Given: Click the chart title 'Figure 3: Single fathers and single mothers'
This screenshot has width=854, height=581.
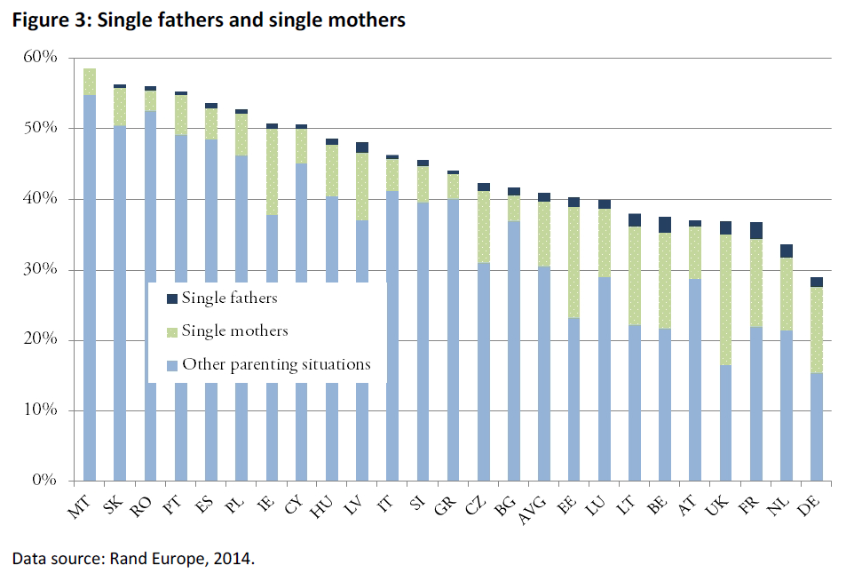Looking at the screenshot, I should [x=208, y=20].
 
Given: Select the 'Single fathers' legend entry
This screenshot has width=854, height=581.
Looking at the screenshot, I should [x=229, y=298].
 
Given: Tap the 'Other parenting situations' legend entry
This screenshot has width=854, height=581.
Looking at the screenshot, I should [x=276, y=363].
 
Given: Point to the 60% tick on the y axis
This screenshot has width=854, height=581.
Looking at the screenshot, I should [x=41, y=58].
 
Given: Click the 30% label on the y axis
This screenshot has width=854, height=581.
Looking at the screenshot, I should [x=41, y=269].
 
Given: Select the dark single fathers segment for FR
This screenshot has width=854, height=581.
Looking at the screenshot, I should [x=755, y=230].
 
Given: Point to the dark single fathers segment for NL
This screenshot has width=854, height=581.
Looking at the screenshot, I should [x=786, y=251].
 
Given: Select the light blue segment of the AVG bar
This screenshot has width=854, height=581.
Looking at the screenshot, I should [x=544, y=373].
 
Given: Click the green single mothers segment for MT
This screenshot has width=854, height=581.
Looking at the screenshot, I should [x=90, y=82].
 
